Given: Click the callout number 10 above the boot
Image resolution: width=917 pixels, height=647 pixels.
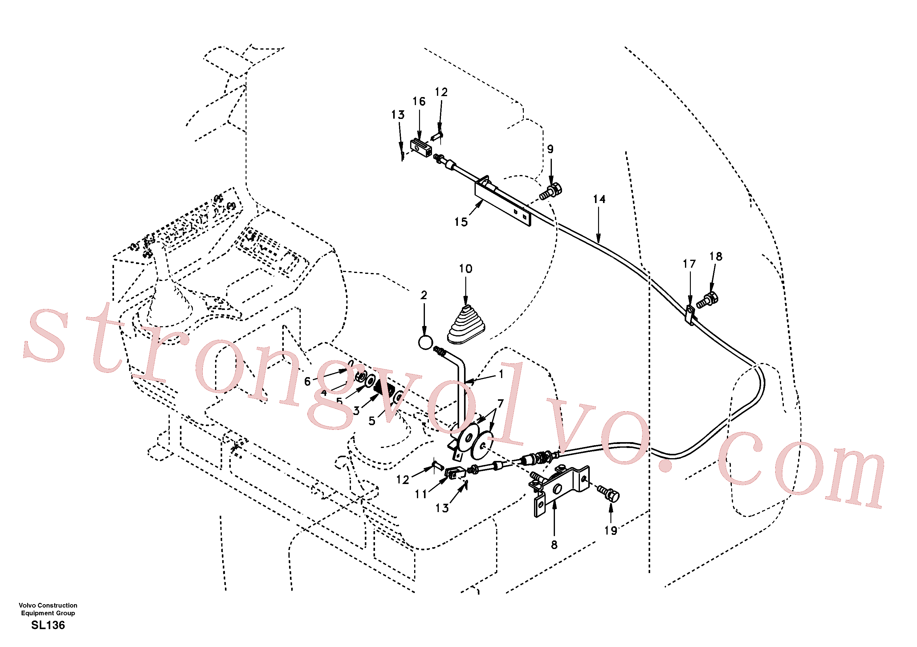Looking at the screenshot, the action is point(465,269).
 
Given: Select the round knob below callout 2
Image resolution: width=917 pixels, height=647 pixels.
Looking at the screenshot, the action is point(425,343).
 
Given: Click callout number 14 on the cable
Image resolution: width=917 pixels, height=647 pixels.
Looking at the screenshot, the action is point(599,199).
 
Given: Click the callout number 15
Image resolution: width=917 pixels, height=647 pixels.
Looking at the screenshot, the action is point(461,222).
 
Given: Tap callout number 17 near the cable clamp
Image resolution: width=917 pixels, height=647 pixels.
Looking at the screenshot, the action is point(689,264).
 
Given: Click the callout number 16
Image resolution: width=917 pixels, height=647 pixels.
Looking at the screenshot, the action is point(419,101).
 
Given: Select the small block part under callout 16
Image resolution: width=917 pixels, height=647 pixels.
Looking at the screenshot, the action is point(421,148).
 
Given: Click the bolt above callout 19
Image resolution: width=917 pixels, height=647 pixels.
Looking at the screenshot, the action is point(608,494).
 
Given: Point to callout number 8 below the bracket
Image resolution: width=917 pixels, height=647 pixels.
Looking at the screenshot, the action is point(554,545).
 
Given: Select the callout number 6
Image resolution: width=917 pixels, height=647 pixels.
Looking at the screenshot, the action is point(307,381).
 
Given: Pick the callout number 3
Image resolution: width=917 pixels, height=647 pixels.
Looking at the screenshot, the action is point(356,411).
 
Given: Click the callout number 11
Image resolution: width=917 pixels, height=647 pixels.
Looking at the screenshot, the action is point(421,494).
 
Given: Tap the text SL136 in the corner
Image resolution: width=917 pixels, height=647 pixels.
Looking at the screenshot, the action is point(48,625).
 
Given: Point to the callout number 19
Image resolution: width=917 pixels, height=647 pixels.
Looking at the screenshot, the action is point(611,531).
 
